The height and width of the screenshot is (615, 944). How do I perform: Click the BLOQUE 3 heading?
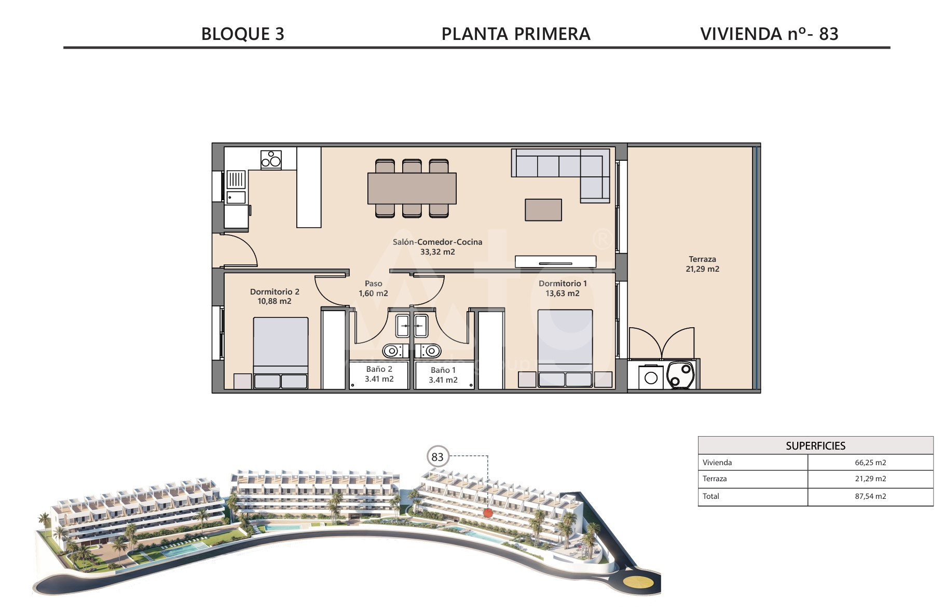pos(242,34)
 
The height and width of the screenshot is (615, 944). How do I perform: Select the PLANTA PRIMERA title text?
pos(516,34)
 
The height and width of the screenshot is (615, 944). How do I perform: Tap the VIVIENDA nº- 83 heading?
pos(769,34)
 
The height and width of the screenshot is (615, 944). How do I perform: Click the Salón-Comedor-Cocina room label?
pos(437,242)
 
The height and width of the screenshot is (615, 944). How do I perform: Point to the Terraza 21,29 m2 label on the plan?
pos(703,264)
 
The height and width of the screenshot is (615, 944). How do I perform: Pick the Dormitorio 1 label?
pos(563,284)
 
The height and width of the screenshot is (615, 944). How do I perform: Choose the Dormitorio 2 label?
pos(275,292)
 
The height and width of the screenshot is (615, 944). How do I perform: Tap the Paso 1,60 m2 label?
pos(373,288)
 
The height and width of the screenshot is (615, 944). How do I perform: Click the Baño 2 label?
pos(379,369)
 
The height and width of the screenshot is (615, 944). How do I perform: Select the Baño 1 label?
pos(443,370)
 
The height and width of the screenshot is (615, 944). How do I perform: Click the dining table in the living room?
pos(412,188)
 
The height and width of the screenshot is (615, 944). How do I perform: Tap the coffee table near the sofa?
pos(543,210)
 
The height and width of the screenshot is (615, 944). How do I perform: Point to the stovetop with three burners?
pos(271,160)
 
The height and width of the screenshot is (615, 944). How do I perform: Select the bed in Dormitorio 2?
pos(281,353)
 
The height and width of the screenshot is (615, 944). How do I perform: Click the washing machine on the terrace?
pos(651,378)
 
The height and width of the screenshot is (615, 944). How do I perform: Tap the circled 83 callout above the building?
pos(437,457)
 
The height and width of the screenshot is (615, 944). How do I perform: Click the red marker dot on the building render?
pos(487,513)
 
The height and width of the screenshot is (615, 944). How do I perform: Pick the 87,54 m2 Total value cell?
pos(870,496)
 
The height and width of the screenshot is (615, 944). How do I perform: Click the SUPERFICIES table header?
pos(815,445)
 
